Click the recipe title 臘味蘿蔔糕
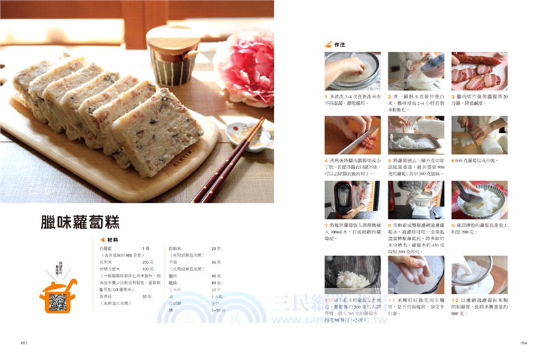click(x=80, y=222)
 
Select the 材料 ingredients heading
click(x=111, y=240)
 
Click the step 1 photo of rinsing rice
click(x=353, y=71)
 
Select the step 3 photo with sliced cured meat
click(x=479, y=71)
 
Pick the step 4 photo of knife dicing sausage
click(x=353, y=136)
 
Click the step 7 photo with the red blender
click(x=353, y=200)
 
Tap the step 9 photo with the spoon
click(x=479, y=200)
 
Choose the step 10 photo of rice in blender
click(x=353, y=274)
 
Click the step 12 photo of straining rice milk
click(x=479, y=274)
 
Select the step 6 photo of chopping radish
click(x=479, y=136)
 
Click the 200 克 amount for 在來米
click(x=147, y=262)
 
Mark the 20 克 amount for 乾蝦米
click(x=216, y=248)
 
